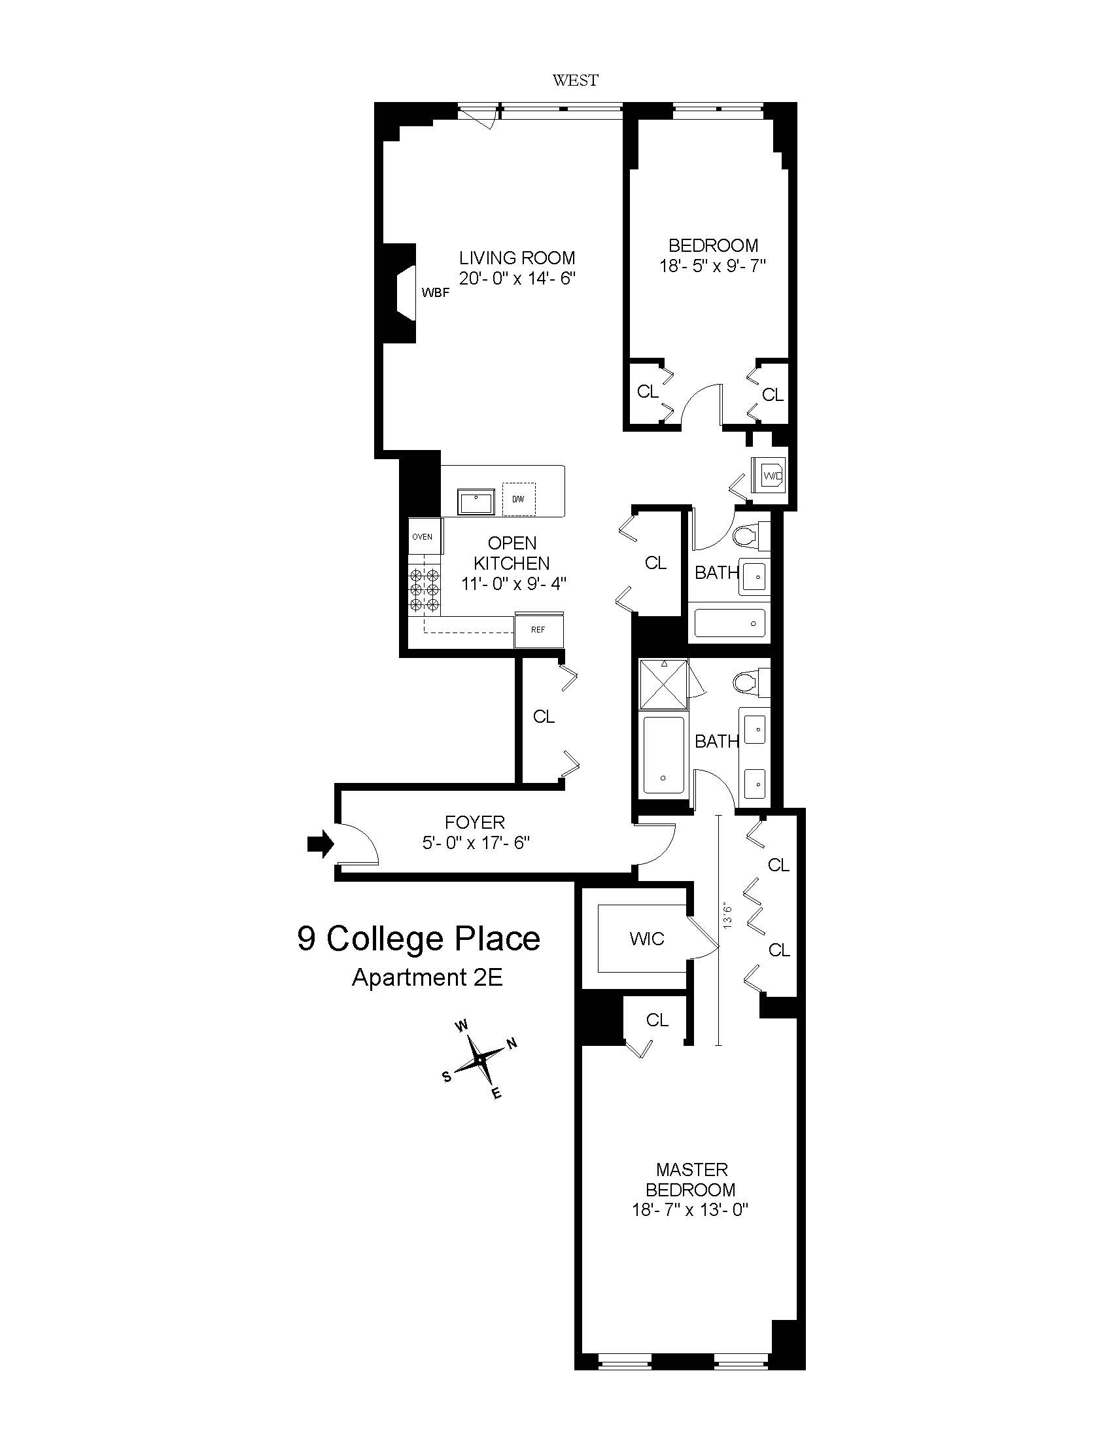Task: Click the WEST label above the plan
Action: click(575, 80)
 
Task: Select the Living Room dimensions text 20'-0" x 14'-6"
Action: click(517, 279)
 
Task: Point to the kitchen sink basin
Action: click(476, 502)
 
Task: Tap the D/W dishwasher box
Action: click(519, 499)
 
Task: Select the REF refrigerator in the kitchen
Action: click(539, 630)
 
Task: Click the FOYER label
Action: click(474, 822)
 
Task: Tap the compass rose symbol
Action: click(479, 1060)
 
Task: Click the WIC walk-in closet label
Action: click(647, 939)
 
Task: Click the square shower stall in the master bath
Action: click(663, 684)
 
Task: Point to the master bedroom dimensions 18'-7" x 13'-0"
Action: click(691, 1210)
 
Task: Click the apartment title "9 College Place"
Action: click(419, 939)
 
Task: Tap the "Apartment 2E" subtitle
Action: click(428, 977)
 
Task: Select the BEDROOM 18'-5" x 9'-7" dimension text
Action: click(714, 266)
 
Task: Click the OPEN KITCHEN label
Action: click(512, 553)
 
